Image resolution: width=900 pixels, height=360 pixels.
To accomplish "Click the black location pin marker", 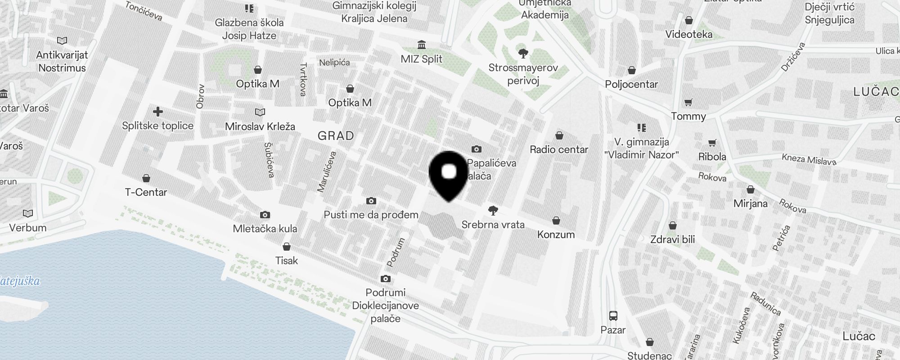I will [449, 175].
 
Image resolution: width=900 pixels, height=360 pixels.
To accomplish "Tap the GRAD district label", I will [336, 135].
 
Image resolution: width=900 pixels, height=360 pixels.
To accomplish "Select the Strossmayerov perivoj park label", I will [523, 74].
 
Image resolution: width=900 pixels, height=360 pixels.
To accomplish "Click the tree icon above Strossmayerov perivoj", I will [523, 54].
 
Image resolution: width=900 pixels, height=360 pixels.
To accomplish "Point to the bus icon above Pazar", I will [613, 315].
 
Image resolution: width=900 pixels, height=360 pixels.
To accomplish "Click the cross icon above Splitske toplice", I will [157, 112].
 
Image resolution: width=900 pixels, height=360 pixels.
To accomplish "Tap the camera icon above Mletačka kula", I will [265, 215].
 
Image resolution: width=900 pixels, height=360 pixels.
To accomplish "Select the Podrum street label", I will [396, 252].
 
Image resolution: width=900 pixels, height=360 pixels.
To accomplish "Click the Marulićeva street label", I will [327, 172].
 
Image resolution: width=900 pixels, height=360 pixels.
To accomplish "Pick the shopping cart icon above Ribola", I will [712, 143].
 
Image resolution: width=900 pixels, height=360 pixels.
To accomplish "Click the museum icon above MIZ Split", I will [422, 45].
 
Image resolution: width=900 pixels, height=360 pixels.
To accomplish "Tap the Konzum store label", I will [556, 234].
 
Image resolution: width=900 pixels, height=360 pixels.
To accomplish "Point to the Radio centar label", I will [559, 149].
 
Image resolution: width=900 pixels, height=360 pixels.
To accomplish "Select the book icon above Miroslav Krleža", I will [260, 112].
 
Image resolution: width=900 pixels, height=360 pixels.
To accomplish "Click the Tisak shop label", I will [287, 260].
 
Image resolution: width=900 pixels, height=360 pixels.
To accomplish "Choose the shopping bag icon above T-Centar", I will [146, 178].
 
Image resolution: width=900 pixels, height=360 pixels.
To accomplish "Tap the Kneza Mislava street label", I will [809, 159].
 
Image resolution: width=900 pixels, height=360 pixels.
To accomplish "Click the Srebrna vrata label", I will [493, 224].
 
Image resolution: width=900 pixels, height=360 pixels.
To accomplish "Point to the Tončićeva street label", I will [144, 11].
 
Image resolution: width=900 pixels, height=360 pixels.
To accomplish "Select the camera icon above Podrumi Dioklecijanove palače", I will [385, 279].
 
